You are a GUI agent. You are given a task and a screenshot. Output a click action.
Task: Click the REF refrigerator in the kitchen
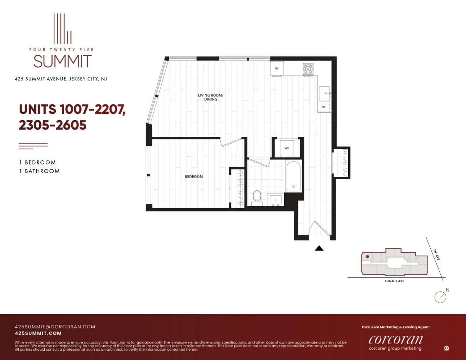click(277, 68)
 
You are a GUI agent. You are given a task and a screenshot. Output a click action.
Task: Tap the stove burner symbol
click(308, 69)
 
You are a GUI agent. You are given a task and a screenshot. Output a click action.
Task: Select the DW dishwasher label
click(323, 107)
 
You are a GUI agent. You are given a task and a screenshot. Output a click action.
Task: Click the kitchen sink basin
click(324, 93)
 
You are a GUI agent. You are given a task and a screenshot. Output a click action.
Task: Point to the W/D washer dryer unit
click(287, 148)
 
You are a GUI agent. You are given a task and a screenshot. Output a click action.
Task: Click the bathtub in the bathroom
click(294, 176)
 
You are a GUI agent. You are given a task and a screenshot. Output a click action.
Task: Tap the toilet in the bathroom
click(257, 198)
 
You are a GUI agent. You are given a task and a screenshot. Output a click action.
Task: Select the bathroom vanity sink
click(276, 200)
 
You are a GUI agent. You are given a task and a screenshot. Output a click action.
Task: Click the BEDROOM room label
click(194, 176)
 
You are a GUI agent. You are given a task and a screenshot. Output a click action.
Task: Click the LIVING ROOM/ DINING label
click(211, 97)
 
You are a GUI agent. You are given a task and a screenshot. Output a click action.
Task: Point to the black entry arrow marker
click(319, 248)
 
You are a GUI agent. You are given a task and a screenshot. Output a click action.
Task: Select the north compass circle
click(440, 297)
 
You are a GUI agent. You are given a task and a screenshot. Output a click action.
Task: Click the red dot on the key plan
click(367, 257)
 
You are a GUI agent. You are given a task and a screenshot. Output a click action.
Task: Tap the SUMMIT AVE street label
click(394, 281)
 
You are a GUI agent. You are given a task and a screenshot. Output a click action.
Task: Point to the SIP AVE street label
click(436, 255)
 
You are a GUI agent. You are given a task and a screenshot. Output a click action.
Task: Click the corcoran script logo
click(396, 339)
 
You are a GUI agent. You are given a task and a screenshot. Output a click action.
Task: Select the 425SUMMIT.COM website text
click(38, 333)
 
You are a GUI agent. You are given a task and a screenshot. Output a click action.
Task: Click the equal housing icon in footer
click(447, 348)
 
